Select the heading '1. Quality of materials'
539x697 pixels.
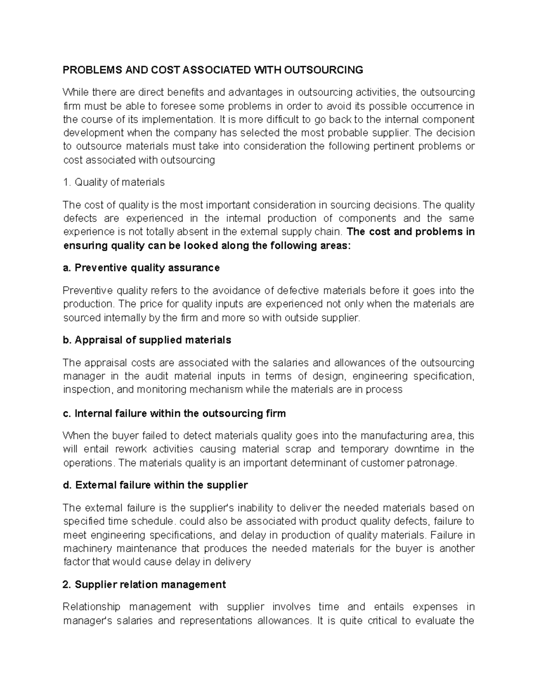(x=114, y=182)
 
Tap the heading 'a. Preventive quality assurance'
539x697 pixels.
(x=141, y=268)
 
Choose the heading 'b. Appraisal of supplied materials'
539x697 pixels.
(x=147, y=340)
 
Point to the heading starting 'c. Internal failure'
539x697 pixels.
(x=174, y=413)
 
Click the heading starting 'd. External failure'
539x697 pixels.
(x=155, y=485)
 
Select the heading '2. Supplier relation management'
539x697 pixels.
(x=144, y=584)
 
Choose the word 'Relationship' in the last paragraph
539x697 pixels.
(x=92, y=607)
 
